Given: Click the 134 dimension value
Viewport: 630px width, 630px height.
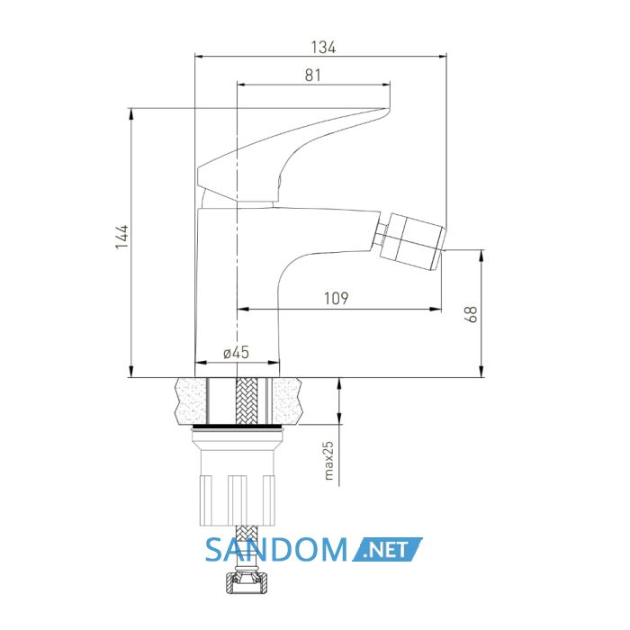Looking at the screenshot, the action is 323,48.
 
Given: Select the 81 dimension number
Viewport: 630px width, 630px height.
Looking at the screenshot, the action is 313,75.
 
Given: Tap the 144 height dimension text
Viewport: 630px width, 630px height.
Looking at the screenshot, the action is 121,238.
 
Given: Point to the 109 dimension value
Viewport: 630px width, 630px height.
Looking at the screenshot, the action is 337,298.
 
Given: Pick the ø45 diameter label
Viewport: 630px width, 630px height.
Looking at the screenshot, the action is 236,353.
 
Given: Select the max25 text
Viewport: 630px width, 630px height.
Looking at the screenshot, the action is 328,461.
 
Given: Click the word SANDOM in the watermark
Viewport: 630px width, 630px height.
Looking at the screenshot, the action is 276,550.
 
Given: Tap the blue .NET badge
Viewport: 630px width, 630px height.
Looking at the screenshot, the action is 387,549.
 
